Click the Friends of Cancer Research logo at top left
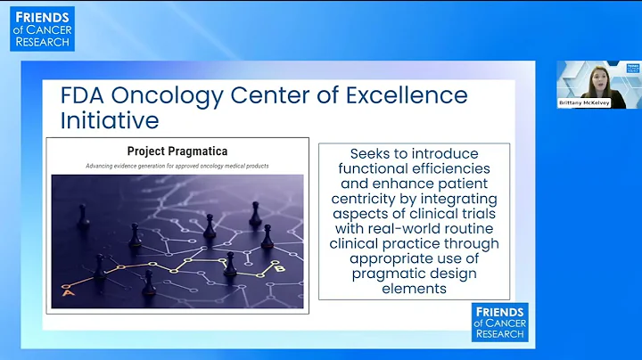(42, 29)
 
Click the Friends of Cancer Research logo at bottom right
(499, 322)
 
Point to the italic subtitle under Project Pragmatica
(177, 166)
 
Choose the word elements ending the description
(415, 288)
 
